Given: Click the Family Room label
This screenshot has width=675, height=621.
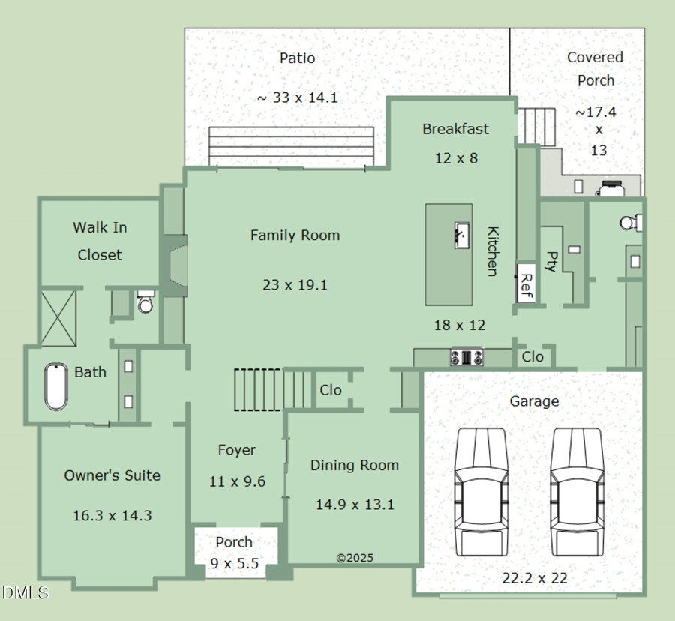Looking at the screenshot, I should click(x=295, y=235).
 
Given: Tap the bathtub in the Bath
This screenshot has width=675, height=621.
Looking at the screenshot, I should click(x=56, y=387).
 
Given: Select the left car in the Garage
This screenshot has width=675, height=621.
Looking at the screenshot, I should click(x=481, y=491).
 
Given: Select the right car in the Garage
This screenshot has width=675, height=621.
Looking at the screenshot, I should click(x=577, y=491).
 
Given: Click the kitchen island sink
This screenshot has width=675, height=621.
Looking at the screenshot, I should click(x=461, y=235).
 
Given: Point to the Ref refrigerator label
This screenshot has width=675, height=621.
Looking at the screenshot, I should click(x=526, y=285).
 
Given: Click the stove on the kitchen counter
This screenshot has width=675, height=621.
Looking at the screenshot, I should click(x=466, y=357).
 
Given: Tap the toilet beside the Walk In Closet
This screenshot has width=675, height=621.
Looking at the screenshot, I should click(x=146, y=302).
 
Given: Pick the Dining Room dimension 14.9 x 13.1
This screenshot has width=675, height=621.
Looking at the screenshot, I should click(x=355, y=505).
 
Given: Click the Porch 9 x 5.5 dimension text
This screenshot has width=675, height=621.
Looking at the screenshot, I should click(x=235, y=563).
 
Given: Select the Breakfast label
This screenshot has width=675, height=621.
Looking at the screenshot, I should click(x=455, y=129).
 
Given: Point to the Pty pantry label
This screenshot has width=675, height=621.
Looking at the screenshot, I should click(x=551, y=261).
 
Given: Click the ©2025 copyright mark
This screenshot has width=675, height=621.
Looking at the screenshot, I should click(x=355, y=558).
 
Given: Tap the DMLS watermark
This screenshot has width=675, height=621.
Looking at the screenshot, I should click(x=25, y=593).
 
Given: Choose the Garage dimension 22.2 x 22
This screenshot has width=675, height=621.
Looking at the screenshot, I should click(x=534, y=578).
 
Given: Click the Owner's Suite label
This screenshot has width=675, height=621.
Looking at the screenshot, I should click(x=112, y=475).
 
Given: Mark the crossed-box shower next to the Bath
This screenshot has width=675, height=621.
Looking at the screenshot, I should click(x=58, y=317).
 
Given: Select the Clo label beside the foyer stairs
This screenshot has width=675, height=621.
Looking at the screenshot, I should click(x=331, y=390).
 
